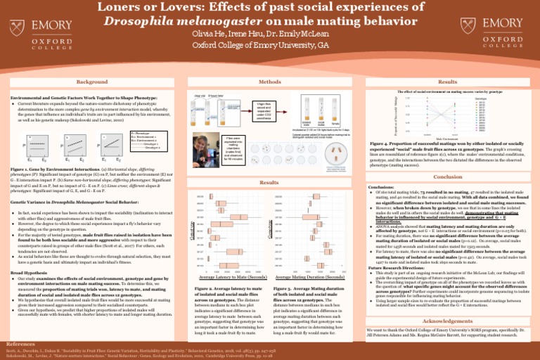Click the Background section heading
(x=93, y=82)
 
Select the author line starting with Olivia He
(x=269, y=33)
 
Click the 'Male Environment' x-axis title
(x=444, y=139)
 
